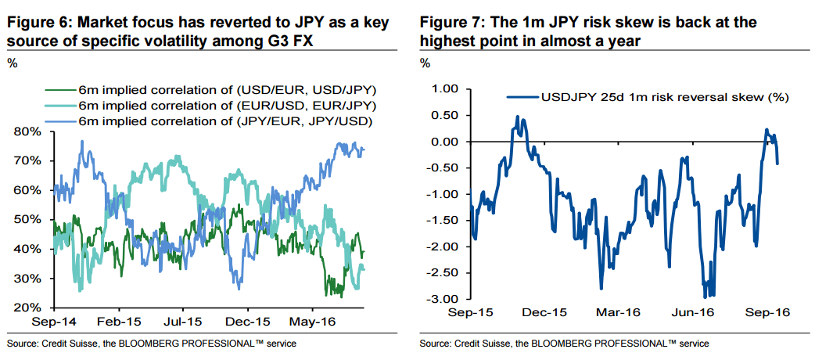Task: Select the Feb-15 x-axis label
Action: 120,321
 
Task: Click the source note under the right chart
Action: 564,344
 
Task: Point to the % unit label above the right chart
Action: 425,63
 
